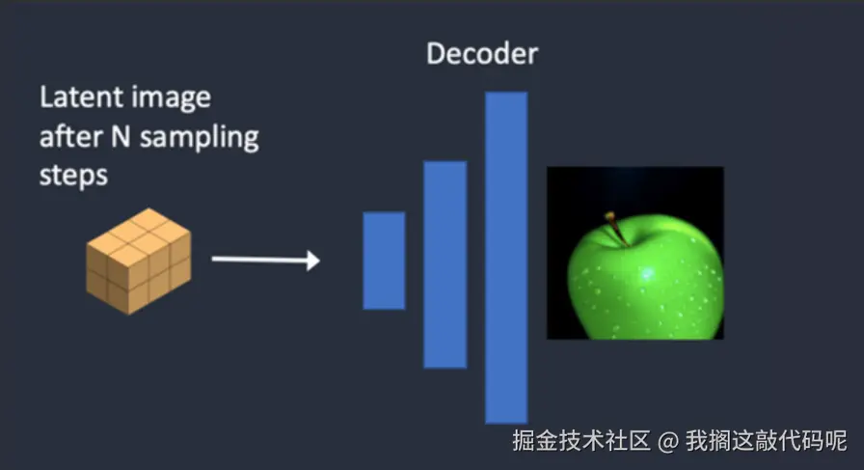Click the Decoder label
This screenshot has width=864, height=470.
point(482,54)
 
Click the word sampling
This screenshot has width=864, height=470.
point(200,138)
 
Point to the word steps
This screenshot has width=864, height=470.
point(73,177)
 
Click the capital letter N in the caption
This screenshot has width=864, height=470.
point(121,136)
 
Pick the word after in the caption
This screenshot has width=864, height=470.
point(71,136)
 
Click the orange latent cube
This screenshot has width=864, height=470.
point(139,261)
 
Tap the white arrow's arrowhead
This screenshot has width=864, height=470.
point(313,260)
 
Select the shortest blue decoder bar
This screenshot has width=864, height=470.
point(384,261)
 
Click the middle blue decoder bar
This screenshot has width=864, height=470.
point(445,264)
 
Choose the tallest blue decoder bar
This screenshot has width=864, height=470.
point(506,258)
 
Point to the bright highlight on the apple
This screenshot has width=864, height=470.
point(646,273)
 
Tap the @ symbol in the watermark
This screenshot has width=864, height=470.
point(668,441)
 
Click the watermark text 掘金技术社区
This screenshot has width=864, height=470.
point(581,441)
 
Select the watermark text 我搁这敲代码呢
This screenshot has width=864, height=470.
point(766,441)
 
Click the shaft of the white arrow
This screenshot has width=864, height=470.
point(259,259)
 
